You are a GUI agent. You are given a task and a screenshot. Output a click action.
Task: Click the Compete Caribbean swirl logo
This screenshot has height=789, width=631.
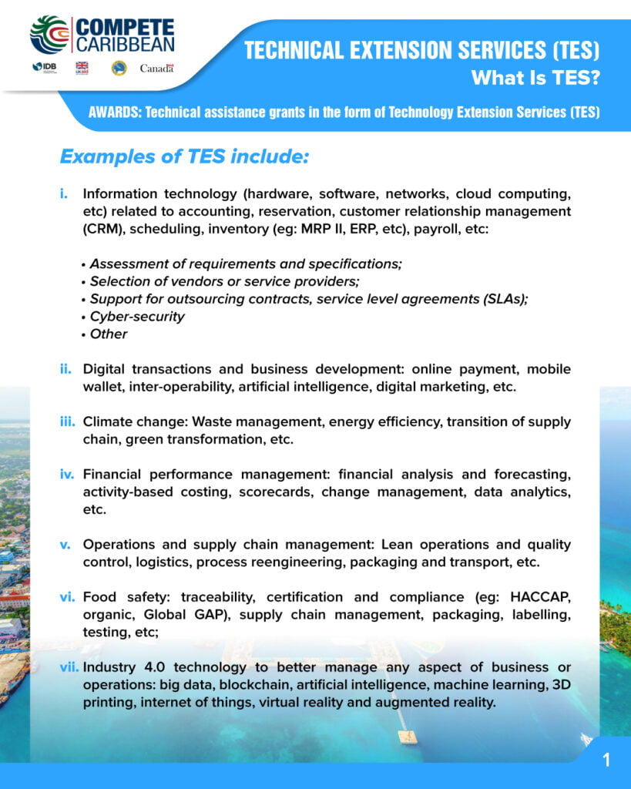pyautogui.click(x=49, y=34)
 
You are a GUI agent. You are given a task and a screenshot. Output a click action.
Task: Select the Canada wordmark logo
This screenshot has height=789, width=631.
pyautogui.click(x=156, y=68)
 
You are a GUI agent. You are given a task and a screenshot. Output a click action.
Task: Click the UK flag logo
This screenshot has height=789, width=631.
pyautogui.click(x=82, y=68)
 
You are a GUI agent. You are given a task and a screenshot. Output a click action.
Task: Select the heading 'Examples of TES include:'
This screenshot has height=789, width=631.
pyautogui.click(x=184, y=157)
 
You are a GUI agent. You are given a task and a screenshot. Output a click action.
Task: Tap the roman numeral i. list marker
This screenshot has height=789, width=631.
pyautogui.click(x=65, y=193)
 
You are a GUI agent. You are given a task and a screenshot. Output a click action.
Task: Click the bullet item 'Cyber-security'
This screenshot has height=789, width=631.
pyautogui.click(x=137, y=317)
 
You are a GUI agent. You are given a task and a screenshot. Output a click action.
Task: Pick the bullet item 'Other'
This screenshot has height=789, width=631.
pyautogui.click(x=109, y=334)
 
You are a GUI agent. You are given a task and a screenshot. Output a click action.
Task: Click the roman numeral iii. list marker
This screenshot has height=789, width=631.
pyautogui.click(x=68, y=422)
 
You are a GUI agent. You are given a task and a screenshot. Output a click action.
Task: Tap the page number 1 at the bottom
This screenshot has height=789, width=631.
pyautogui.click(x=606, y=760)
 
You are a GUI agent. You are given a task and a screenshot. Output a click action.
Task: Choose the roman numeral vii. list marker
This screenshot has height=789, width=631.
pyautogui.click(x=69, y=666)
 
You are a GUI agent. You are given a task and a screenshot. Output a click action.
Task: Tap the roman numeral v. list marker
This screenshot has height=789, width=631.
pyautogui.click(x=65, y=545)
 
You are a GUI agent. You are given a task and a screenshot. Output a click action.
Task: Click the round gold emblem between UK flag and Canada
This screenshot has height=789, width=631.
pyautogui.click(x=119, y=68)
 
